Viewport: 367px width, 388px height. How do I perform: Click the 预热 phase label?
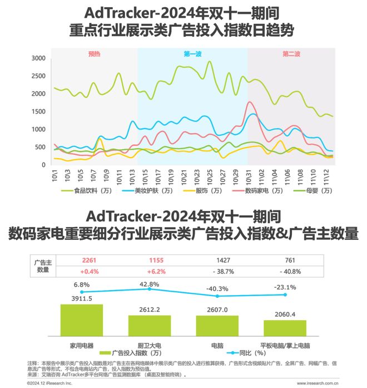pos(94,54)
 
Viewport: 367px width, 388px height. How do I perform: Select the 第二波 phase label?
pos(291,54)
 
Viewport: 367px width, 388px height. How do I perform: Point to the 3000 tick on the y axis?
pos(38,58)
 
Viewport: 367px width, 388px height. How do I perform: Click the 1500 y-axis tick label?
pos(38,111)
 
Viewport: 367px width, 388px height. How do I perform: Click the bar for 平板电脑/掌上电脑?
pos(285,327)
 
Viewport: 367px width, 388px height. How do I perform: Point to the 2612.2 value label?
pos(150,309)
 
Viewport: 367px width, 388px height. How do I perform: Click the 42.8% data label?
pos(150,284)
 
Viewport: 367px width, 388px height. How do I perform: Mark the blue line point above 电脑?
pos(217,296)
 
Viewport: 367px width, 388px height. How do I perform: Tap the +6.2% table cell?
pos(150,271)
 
